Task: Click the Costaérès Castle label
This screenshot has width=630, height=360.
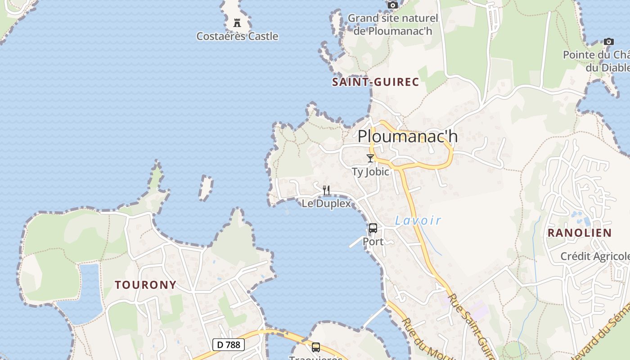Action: tap(237, 36)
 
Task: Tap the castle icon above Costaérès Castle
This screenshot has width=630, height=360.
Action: tap(237, 23)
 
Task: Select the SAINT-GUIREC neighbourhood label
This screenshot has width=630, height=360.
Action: tap(375, 82)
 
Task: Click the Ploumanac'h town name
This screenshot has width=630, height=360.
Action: tap(407, 136)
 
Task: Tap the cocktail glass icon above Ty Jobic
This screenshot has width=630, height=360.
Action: tap(370, 158)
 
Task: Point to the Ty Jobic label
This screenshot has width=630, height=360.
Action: tap(370, 172)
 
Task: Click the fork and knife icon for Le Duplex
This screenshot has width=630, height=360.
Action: tap(326, 190)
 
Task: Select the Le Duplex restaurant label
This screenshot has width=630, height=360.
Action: tap(326, 203)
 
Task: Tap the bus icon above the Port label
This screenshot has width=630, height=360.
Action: tap(373, 228)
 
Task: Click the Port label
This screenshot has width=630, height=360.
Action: tap(373, 242)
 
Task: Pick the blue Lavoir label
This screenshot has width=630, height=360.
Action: tap(418, 220)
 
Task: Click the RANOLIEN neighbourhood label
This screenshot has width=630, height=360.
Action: tap(579, 233)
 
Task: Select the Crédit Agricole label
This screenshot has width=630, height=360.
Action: tap(594, 256)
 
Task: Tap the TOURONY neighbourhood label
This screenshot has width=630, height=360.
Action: tap(145, 285)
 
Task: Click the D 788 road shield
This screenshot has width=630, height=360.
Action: tap(228, 345)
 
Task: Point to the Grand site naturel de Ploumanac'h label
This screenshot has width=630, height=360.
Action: tap(392, 25)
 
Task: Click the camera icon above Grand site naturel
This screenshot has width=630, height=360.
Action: tap(393, 5)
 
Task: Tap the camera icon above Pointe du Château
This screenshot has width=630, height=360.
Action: tap(609, 42)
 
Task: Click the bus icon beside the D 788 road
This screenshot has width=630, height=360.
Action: tap(316, 347)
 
